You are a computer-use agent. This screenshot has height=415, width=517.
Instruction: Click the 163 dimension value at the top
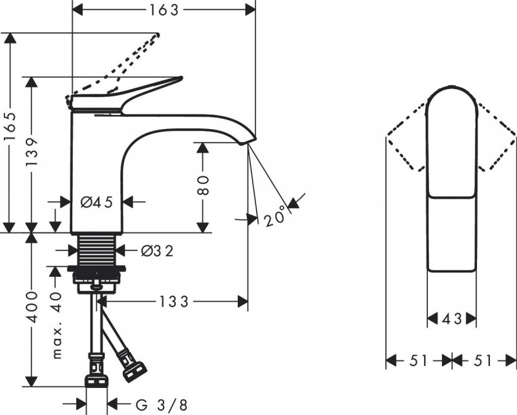pyautogui.click(x=163, y=9)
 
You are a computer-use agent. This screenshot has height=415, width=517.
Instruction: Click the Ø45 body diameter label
pyautogui.click(x=96, y=202)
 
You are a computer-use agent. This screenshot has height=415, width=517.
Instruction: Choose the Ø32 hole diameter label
pyautogui.click(x=157, y=250)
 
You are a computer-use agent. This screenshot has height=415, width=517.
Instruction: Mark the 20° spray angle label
pyautogui.click(x=274, y=218)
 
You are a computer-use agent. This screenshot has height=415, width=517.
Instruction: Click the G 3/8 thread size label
pyautogui.click(x=161, y=405)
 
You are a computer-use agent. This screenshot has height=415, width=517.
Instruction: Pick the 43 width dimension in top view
pyautogui.click(x=452, y=318)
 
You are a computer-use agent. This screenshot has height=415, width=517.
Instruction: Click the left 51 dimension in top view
pyautogui.click(x=419, y=361)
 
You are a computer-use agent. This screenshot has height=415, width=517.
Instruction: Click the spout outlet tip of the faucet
pyautogui.click(x=249, y=140)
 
